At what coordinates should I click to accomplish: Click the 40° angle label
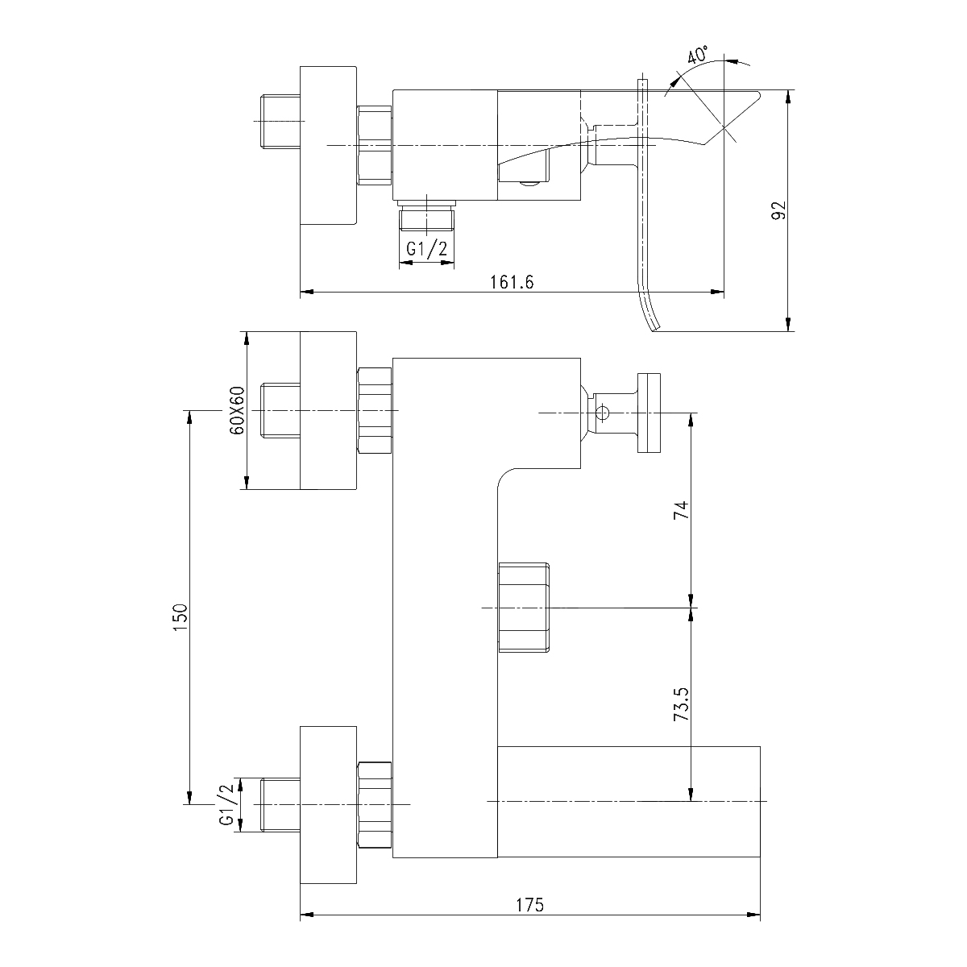point(697,56)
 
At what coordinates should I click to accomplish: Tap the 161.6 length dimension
point(513,282)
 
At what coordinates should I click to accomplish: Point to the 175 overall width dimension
point(529,904)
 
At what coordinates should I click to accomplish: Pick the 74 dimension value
point(682,509)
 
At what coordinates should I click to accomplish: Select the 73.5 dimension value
point(682,704)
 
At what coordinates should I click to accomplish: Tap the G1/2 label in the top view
point(426,250)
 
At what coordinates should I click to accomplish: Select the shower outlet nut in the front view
point(525,607)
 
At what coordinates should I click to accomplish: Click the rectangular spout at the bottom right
point(629,802)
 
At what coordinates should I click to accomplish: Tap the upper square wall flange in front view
point(327,411)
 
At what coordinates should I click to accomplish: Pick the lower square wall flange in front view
point(327,804)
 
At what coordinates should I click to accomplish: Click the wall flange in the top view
point(327,145)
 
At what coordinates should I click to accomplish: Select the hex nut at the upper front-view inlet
point(374,411)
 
